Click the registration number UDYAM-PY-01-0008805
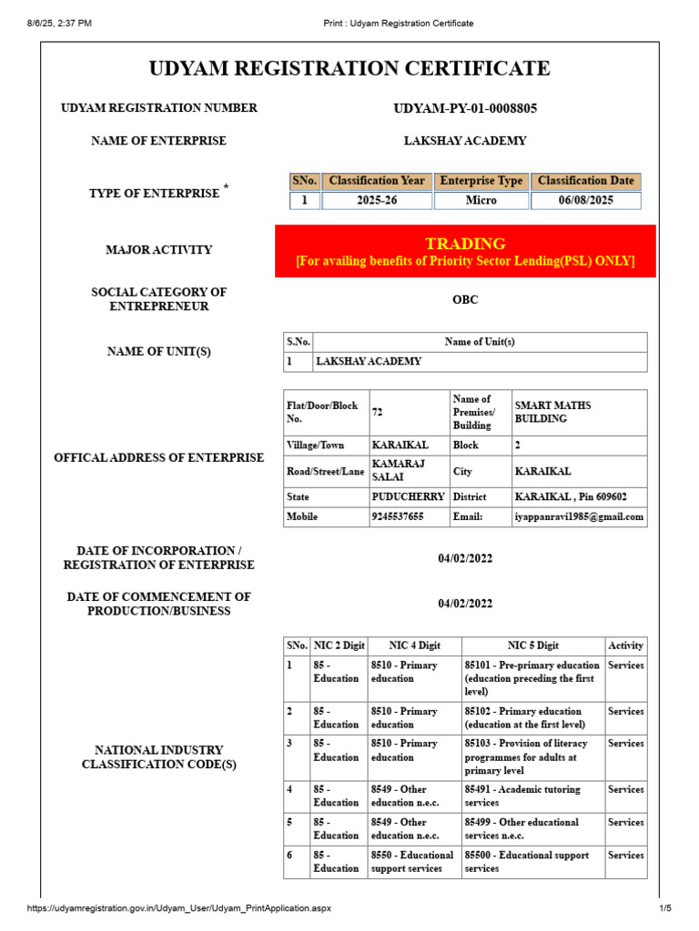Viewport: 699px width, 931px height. tap(465, 108)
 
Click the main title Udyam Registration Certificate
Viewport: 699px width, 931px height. tap(349, 68)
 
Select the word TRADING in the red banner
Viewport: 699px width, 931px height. tap(465, 244)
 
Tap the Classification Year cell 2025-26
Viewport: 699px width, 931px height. tap(376, 200)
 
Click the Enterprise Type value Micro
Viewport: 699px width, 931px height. tap(481, 200)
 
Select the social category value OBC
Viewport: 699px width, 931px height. tap(465, 299)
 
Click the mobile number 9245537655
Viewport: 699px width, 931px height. tap(398, 516)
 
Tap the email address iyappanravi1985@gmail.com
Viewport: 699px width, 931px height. tap(579, 516)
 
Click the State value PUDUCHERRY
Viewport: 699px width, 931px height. tap(408, 497)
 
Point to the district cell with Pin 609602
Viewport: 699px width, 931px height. tap(571, 497)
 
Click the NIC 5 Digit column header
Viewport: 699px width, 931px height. tap(533, 646)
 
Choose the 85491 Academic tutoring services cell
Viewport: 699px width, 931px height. tap(522, 796)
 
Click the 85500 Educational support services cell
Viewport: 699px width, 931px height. tap(527, 861)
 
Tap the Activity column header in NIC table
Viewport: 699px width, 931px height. tap(625, 646)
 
